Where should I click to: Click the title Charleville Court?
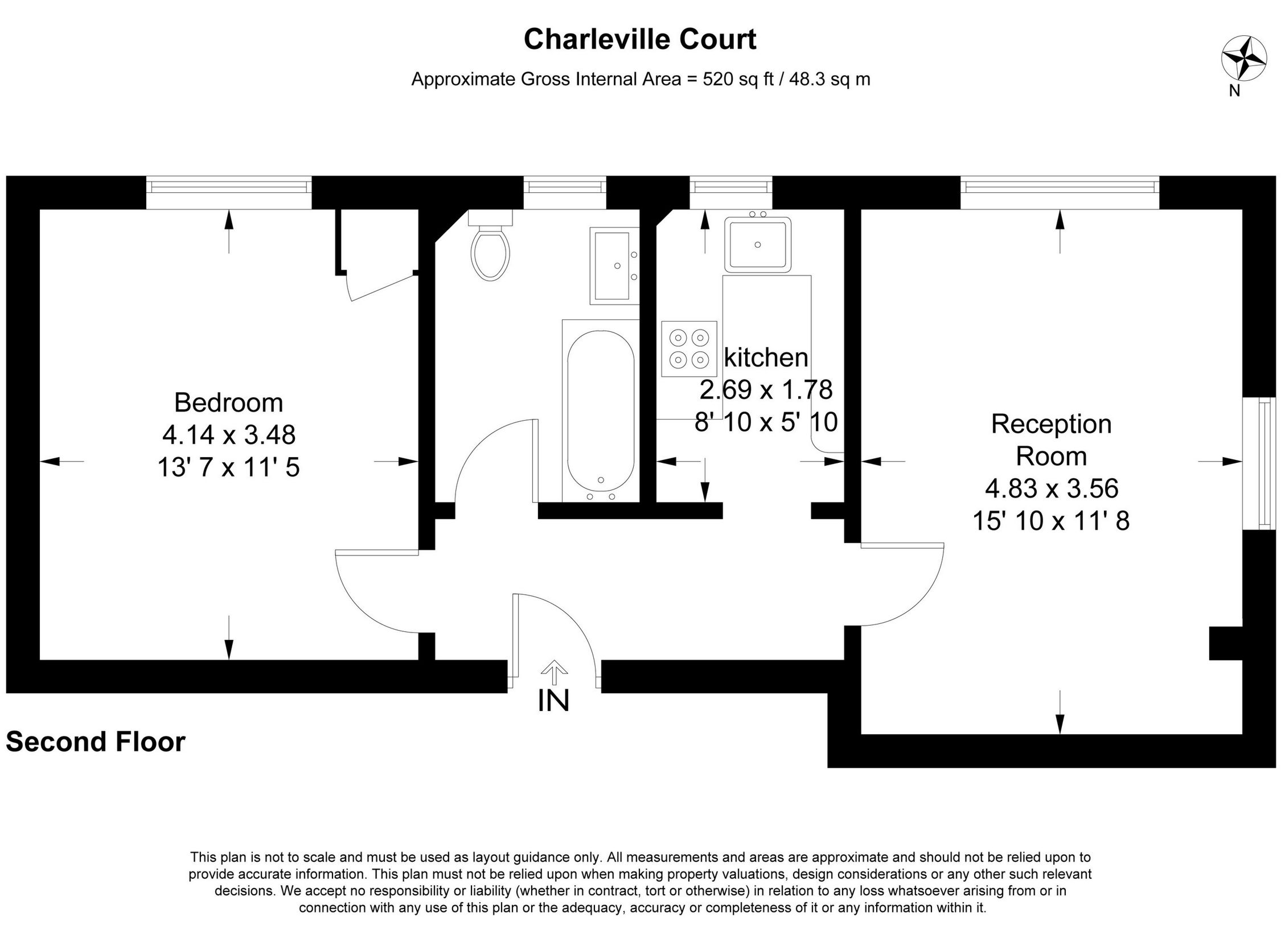(640, 39)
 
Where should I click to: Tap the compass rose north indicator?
(1244, 58)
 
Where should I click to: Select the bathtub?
(600, 410)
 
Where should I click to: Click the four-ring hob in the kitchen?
(689, 348)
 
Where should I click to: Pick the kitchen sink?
(757, 244)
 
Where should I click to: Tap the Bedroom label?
(228, 402)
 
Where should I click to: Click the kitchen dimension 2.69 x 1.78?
(766, 390)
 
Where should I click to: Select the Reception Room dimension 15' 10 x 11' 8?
(1051, 520)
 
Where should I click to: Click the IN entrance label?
(553, 701)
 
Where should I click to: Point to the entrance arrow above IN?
(553, 672)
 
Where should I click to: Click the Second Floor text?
(96, 742)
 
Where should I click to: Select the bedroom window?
(229, 187)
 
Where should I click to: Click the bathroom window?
(564, 187)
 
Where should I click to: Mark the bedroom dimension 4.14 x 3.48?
(228, 435)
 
